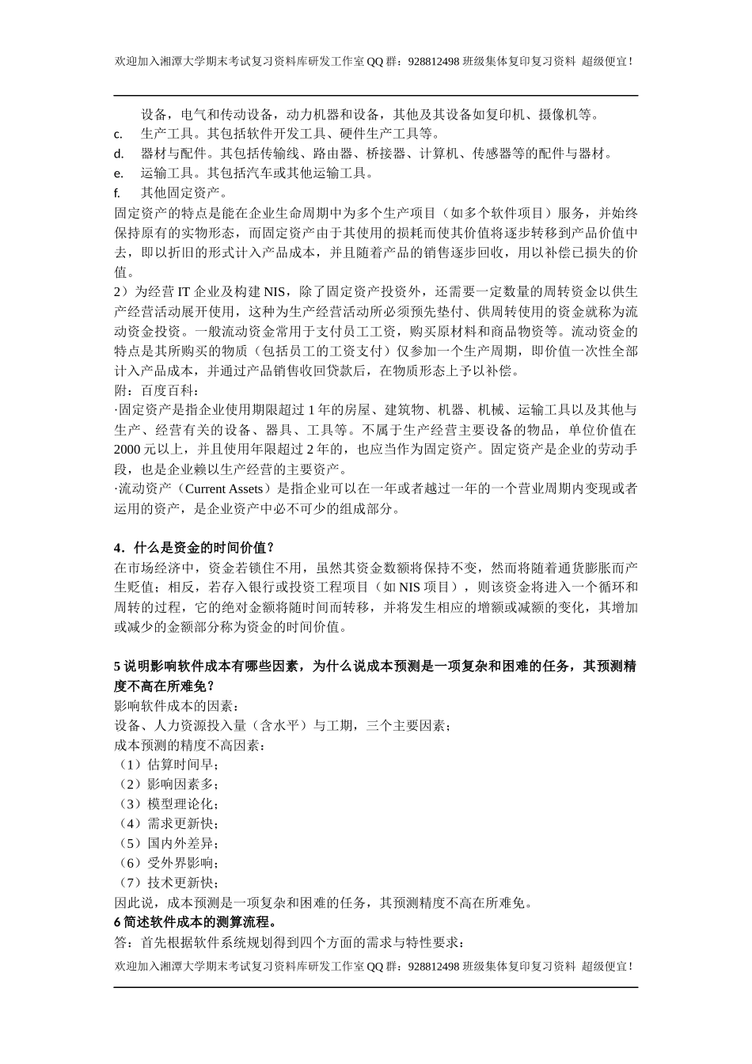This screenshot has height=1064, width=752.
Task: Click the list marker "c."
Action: [x=118, y=134]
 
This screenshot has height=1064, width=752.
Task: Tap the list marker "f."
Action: [x=117, y=192]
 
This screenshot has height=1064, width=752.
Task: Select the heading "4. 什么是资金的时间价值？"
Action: [x=195, y=548]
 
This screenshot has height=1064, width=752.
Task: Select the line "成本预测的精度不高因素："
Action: [x=189, y=745]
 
